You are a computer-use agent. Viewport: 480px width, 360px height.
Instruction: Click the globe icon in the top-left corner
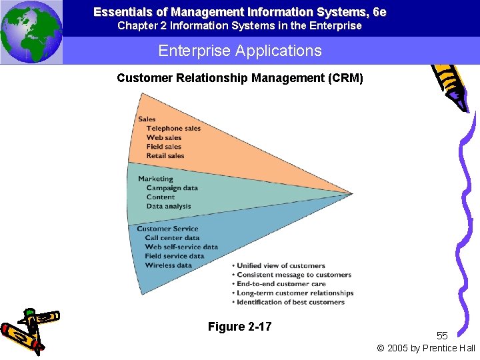(31, 32)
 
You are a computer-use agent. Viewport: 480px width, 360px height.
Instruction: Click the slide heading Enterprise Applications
(240, 51)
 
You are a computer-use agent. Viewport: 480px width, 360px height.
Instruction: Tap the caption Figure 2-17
(239, 327)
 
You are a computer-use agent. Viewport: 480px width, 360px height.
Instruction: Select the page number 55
(443, 335)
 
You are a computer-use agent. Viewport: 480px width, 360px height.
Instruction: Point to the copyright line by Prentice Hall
(426, 348)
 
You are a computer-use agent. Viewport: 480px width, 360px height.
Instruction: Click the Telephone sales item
(173, 129)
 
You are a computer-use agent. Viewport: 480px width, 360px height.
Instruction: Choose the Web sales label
(164, 138)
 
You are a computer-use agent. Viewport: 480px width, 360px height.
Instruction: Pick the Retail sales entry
(165, 156)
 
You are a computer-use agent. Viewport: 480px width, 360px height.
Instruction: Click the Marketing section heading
(155, 179)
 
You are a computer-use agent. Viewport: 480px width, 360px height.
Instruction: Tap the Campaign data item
(172, 188)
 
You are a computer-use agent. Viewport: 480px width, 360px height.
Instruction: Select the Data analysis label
(169, 207)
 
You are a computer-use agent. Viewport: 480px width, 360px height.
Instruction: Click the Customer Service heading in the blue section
(167, 229)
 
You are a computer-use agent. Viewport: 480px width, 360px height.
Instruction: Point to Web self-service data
(181, 247)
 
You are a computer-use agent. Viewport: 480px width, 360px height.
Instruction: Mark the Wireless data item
(169, 265)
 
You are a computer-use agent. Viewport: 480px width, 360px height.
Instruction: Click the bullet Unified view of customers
(281, 266)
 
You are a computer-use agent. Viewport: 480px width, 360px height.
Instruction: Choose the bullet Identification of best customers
(291, 302)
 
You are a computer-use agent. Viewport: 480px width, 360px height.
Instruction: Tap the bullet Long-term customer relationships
(295, 293)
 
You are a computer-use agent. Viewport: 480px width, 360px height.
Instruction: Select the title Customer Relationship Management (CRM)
(240, 78)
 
